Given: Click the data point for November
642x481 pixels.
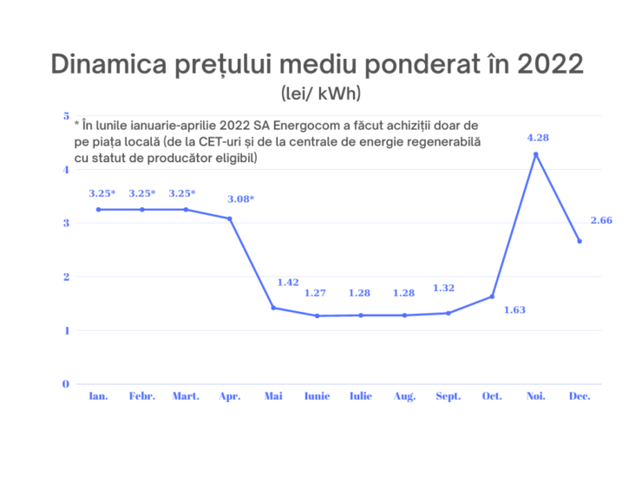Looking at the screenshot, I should (x=536, y=154).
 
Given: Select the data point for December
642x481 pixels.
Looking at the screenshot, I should (x=580, y=241).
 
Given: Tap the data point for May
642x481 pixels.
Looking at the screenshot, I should (x=273, y=308).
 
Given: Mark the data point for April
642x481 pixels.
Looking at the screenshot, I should (x=230, y=218).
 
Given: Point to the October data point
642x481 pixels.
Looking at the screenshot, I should (x=492, y=296).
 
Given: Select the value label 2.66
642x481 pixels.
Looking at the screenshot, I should (x=601, y=220).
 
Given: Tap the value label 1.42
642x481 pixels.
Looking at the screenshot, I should (x=288, y=282).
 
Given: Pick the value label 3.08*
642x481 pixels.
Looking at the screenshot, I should (x=240, y=198).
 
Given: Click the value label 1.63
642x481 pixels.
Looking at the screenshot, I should (x=515, y=309).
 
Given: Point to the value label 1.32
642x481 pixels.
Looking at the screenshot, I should (x=444, y=288).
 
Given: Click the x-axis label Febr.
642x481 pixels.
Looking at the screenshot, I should (x=142, y=396).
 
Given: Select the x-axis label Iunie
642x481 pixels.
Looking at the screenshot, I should (x=317, y=396).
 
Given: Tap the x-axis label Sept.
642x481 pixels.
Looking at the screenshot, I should (x=449, y=396).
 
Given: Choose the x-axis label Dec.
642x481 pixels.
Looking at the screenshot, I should (x=580, y=396).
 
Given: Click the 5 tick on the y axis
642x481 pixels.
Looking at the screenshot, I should (x=66, y=115).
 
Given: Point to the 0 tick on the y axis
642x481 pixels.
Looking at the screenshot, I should (x=66, y=384).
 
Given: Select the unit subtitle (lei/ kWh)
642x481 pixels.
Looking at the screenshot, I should (x=320, y=92).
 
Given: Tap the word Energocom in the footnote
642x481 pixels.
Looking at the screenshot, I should (x=309, y=126).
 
